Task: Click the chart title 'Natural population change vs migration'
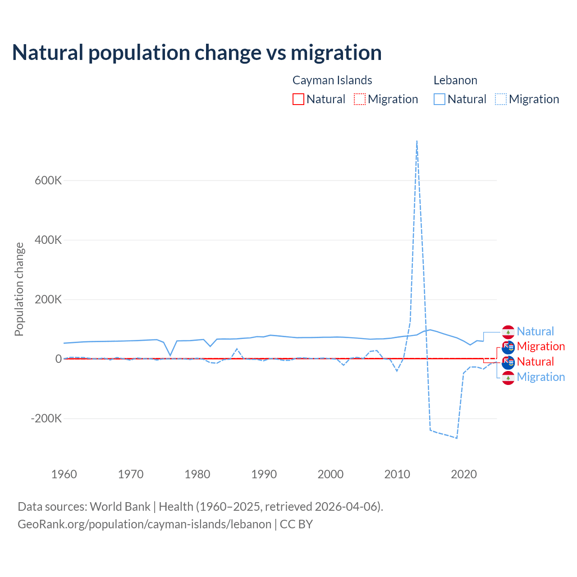(x=197, y=53)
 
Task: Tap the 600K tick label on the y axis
(x=48, y=180)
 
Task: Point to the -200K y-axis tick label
(x=46, y=418)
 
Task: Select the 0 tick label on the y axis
(x=58, y=359)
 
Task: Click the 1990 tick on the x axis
(x=264, y=474)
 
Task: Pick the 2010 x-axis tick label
(x=397, y=474)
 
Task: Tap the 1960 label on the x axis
(x=64, y=474)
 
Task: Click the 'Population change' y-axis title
(x=19, y=289)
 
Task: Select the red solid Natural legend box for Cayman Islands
(x=298, y=99)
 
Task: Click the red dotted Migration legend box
(x=360, y=99)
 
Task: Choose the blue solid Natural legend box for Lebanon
(x=440, y=99)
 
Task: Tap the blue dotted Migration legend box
(x=501, y=99)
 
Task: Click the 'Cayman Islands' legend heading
(x=332, y=80)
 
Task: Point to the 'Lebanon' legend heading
(x=455, y=80)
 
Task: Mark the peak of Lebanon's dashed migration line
(x=417, y=141)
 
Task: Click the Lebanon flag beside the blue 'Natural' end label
(x=508, y=332)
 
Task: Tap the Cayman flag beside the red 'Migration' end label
(x=508, y=347)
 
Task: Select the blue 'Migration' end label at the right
(x=540, y=377)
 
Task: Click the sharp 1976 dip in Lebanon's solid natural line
(x=170, y=355)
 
